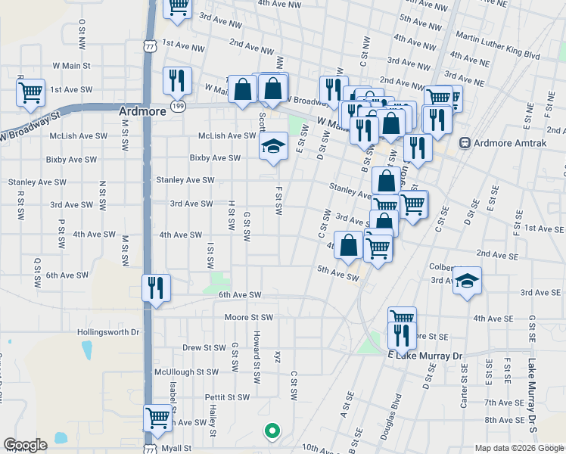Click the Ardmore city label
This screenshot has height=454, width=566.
click(141, 110)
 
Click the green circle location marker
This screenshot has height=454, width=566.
click(272, 432)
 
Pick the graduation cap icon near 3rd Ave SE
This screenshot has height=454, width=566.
click(468, 283)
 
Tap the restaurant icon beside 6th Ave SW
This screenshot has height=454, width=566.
click(157, 288)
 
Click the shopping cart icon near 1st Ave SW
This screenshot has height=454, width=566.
click(30, 93)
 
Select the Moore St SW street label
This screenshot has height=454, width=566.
click(248, 317)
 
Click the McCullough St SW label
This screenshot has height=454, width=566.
click(186, 372)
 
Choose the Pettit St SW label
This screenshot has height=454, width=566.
click(227, 397)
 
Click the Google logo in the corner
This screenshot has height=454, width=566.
click(25, 446)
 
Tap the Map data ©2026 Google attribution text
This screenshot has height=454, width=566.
click(518, 448)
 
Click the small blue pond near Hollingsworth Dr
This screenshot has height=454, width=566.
click(87, 350)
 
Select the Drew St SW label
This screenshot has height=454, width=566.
click(204, 348)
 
